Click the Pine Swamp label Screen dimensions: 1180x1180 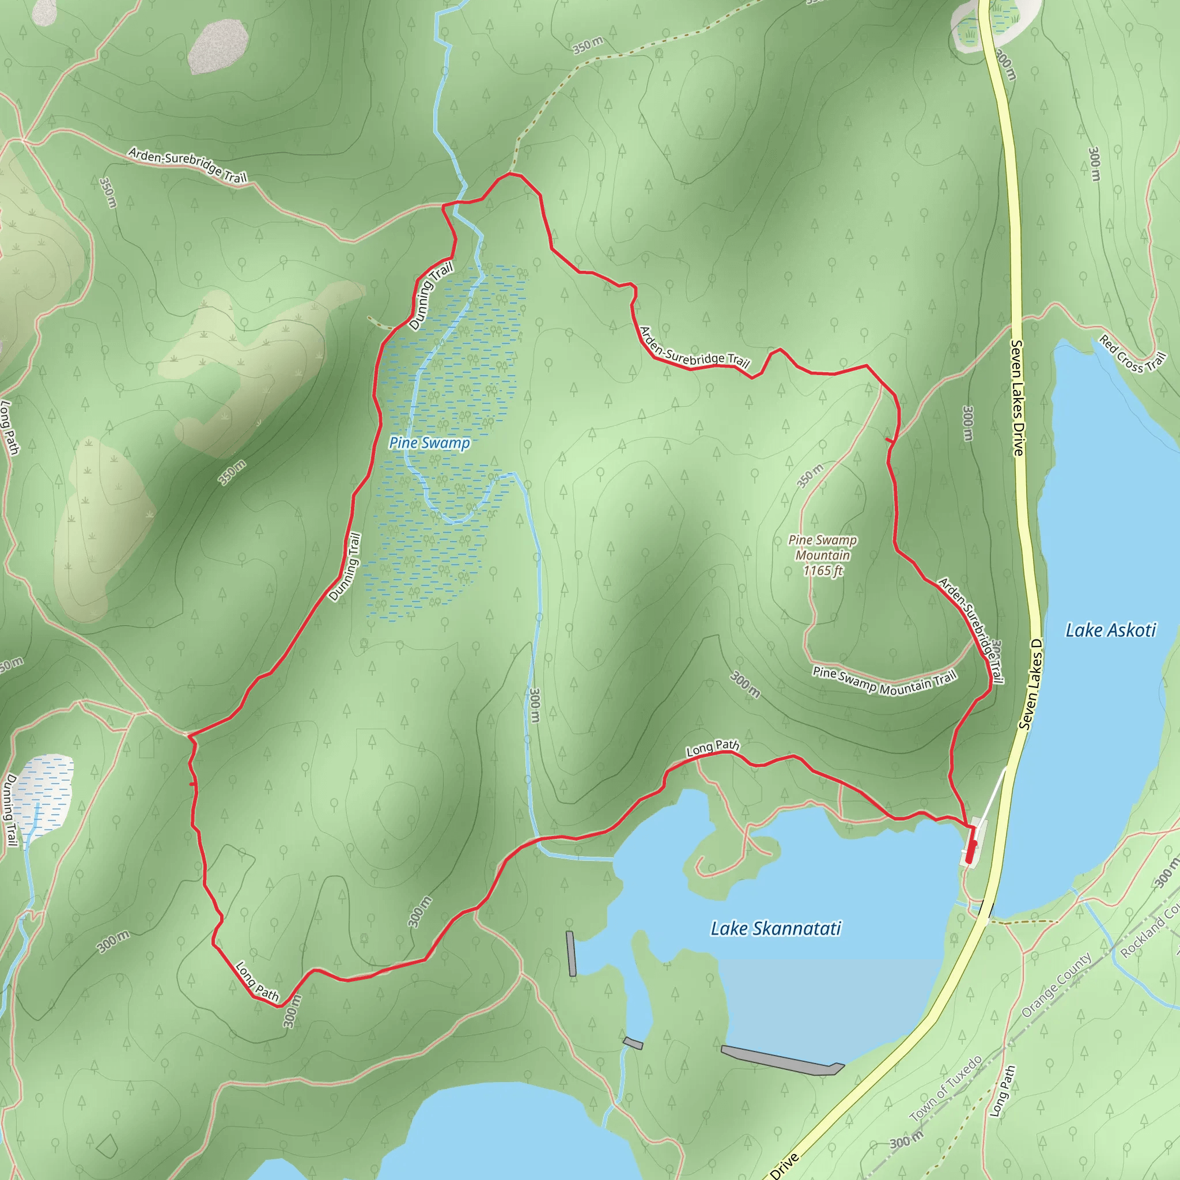(x=429, y=443)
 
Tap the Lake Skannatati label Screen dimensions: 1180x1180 (x=776, y=929)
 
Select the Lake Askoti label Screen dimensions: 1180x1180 (x=1110, y=630)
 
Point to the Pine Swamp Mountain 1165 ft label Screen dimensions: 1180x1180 (x=822, y=555)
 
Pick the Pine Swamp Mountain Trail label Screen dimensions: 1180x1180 (x=884, y=681)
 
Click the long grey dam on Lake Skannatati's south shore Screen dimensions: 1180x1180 (x=782, y=1061)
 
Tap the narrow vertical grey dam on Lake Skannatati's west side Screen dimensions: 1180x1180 (x=571, y=954)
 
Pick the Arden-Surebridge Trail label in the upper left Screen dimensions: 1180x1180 (x=187, y=165)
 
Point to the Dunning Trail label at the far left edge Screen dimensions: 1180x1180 (x=10, y=810)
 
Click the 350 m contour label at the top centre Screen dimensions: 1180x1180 (x=588, y=45)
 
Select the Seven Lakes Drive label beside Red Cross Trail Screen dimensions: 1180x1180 (x=1017, y=398)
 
